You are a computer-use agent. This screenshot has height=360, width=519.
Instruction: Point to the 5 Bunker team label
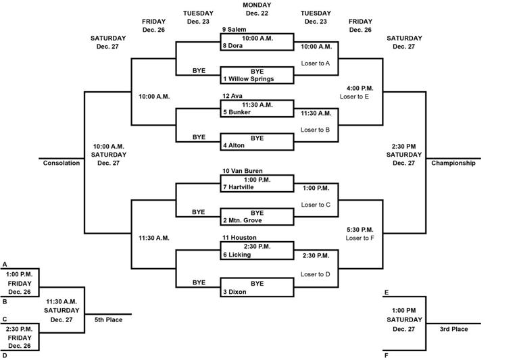click(237, 112)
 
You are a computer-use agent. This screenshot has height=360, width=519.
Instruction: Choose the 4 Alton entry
click(236, 145)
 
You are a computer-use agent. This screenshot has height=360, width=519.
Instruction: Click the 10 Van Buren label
click(243, 171)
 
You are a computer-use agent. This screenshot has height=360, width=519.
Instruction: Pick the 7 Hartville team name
click(241, 187)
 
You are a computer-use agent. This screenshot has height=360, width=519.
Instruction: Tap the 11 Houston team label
click(239, 238)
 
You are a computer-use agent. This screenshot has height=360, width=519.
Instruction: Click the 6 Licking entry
click(238, 255)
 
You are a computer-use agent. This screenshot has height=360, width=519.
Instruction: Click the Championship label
click(453, 163)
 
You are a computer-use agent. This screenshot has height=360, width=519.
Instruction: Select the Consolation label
click(61, 163)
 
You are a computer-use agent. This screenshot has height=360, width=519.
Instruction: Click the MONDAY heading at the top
click(257, 5)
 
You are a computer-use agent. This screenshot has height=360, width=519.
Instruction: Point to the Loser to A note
click(316, 63)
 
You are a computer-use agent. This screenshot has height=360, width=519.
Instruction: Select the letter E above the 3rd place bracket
click(386, 292)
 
